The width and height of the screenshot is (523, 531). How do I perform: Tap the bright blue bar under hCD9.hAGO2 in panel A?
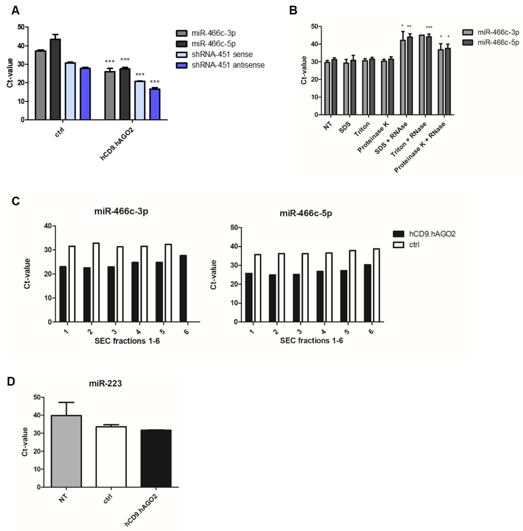coord(155,104)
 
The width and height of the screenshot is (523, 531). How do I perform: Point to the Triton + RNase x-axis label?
coord(409,139)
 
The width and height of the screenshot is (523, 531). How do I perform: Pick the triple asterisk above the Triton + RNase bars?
coord(429,27)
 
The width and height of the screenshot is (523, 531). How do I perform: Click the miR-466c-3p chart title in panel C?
coord(121,211)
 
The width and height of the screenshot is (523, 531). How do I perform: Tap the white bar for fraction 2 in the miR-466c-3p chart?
coord(96,282)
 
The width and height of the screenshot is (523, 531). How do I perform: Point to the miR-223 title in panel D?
coord(105,383)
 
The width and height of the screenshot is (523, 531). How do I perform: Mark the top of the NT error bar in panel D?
coord(66,402)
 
